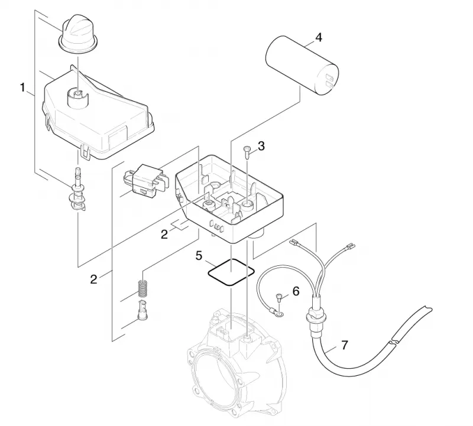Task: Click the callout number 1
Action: click(22, 87)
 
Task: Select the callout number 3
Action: click(261, 146)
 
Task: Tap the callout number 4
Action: click(319, 38)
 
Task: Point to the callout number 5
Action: click(199, 256)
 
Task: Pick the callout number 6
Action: click(296, 291)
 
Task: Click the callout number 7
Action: click(344, 345)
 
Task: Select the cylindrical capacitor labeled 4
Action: click(302, 66)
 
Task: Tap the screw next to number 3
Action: click(247, 154)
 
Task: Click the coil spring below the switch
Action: click(142, 288)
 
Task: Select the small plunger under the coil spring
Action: click(142, 311)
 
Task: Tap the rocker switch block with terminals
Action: click(145, 180)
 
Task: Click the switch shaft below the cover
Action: click(77, 190)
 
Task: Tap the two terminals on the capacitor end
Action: click(329, 82)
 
